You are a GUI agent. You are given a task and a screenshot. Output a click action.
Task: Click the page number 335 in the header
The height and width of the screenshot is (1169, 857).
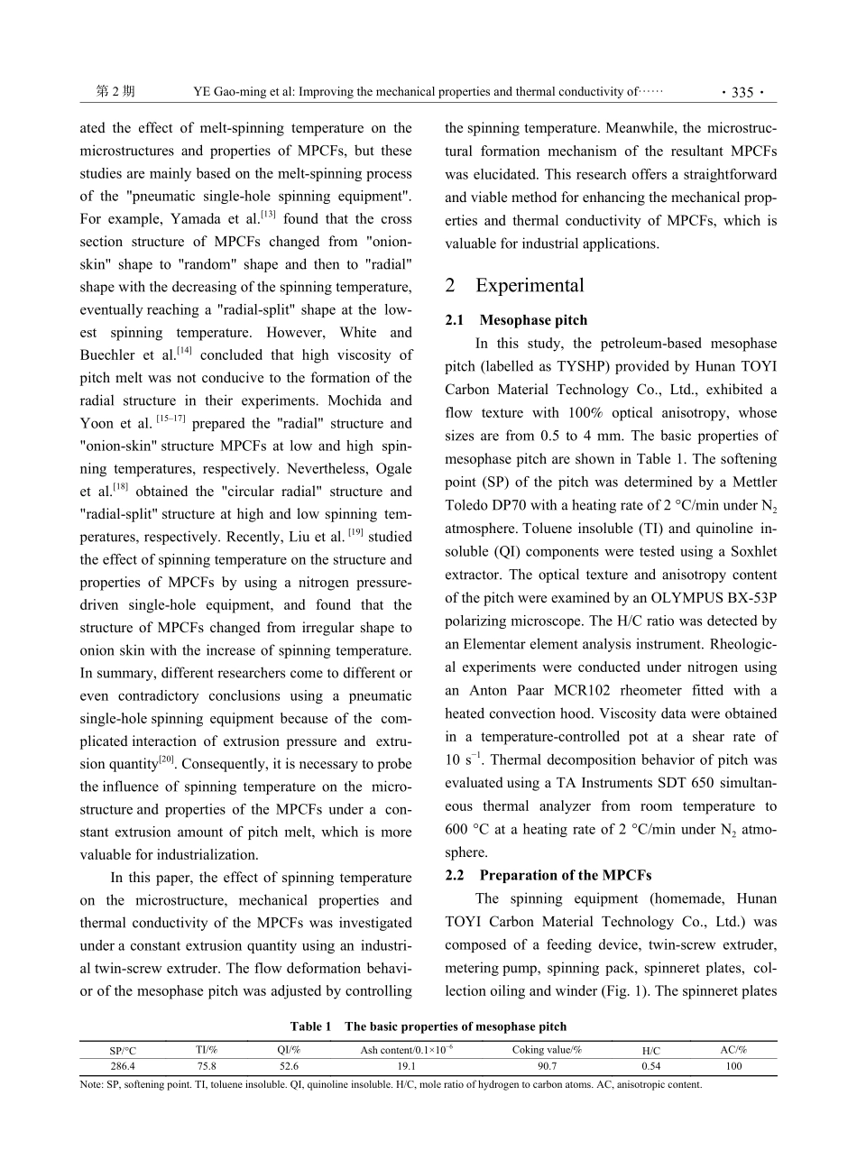click(742, 92)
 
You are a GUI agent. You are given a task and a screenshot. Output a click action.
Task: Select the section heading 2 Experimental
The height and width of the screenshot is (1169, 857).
click(515, 286)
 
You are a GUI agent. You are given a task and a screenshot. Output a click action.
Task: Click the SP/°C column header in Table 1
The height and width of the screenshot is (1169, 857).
click(124, 1051)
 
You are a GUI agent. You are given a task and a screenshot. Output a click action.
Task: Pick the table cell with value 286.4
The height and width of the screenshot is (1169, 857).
click(124, 1066)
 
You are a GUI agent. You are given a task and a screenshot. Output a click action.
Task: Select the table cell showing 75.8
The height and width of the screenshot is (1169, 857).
click(207, 1066)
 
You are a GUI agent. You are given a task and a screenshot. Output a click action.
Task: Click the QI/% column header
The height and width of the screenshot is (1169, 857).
click(290, 1050)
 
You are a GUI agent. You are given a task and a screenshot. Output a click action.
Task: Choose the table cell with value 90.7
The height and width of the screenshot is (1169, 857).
click(547, 1066)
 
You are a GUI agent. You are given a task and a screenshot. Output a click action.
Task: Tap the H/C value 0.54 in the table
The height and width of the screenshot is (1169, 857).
click(650, 1066)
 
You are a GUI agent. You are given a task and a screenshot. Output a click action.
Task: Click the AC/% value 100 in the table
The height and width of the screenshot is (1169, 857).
click(733, 1066)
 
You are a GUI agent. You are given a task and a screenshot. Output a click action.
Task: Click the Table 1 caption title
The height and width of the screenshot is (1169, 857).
click(428, 1026)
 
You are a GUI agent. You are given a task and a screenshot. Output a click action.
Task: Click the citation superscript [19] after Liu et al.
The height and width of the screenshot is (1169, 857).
click(355, 533)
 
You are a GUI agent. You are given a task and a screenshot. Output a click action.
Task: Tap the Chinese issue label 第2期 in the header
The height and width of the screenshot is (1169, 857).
click(115, 92)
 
